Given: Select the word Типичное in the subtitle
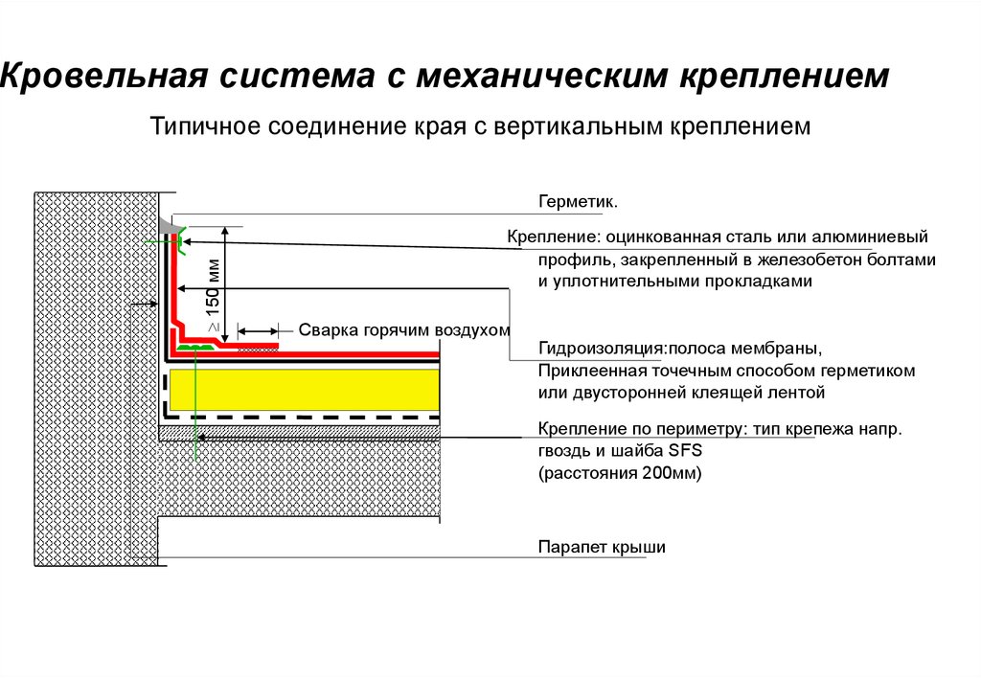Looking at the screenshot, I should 204,126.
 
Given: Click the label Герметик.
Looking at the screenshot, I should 577,203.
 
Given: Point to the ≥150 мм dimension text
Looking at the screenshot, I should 212,299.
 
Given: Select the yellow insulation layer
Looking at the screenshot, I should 303,389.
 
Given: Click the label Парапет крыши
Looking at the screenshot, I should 601,547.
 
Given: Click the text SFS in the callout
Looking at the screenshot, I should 686,451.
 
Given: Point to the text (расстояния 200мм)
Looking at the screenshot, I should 620,473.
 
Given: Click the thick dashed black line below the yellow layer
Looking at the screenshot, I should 303,418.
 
